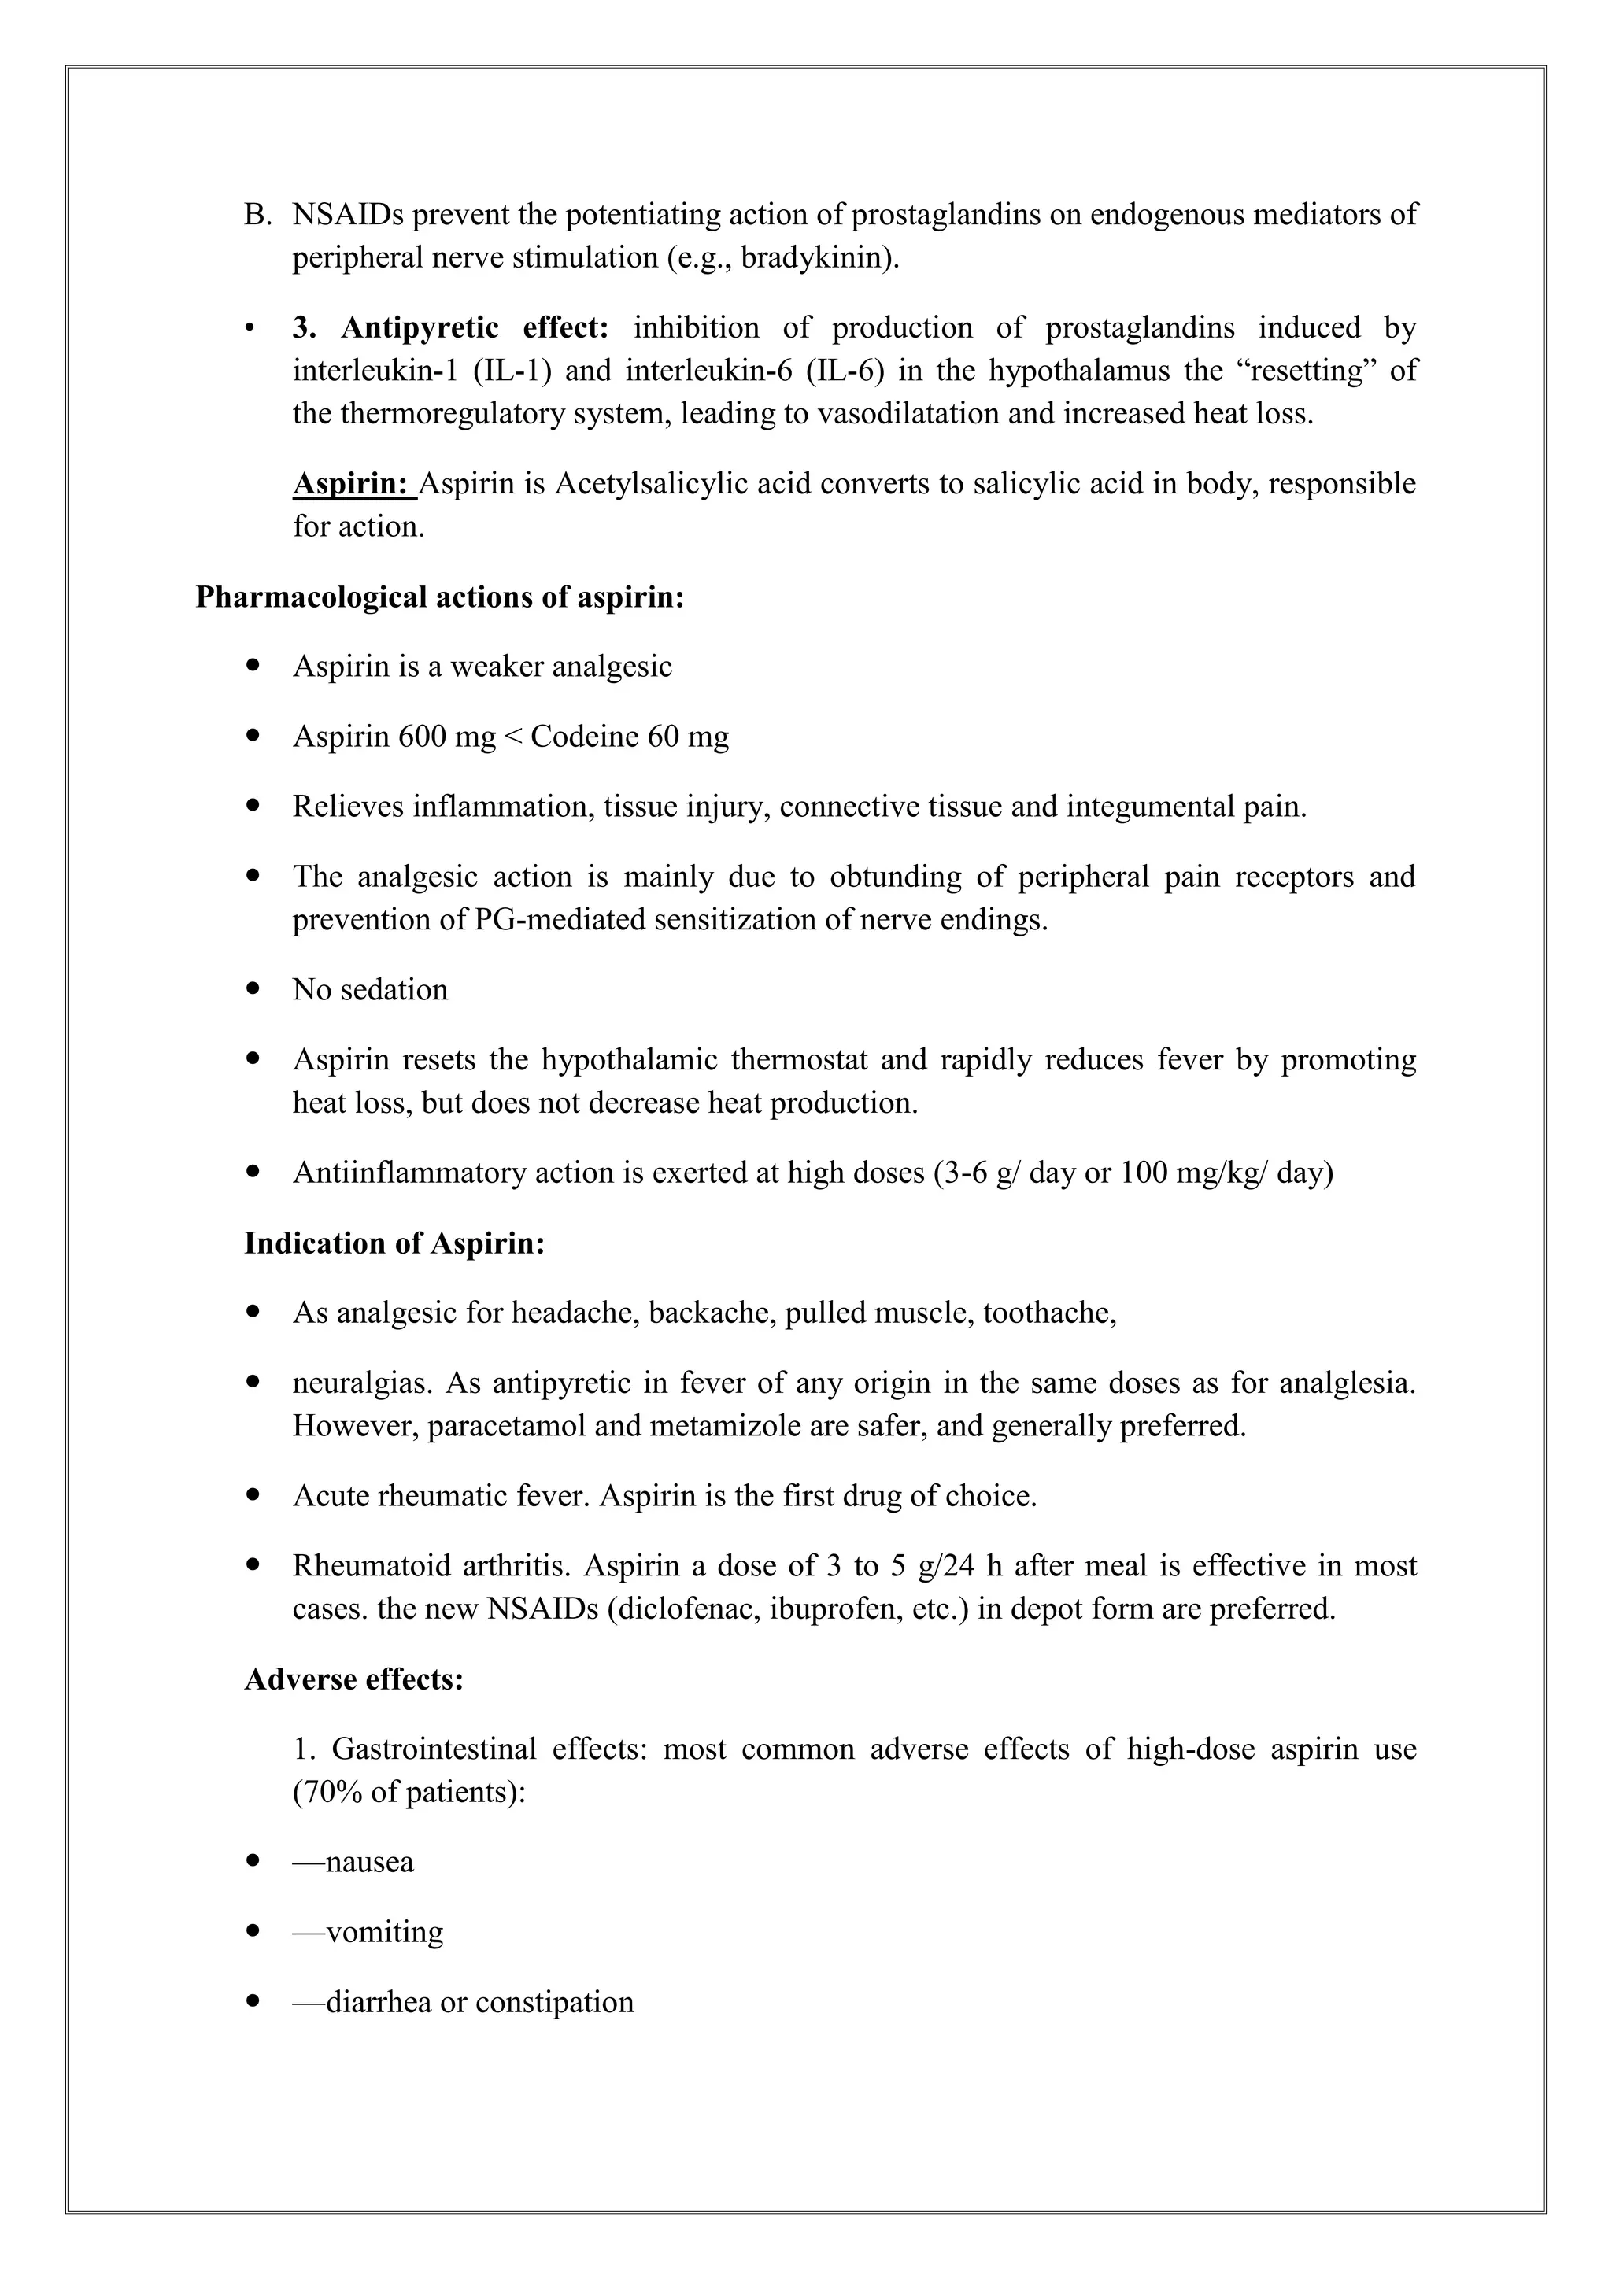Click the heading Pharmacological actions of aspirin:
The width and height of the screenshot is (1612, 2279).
point(440,597)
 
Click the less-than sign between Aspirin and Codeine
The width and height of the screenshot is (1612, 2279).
point(513,737)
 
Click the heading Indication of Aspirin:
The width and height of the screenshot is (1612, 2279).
point(394,1243)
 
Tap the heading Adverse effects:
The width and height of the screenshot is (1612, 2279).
point(354,1679)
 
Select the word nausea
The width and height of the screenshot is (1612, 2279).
point(369,1862)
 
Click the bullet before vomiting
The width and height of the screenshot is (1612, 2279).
point(254,1932)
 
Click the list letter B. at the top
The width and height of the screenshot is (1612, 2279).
point(257,214)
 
